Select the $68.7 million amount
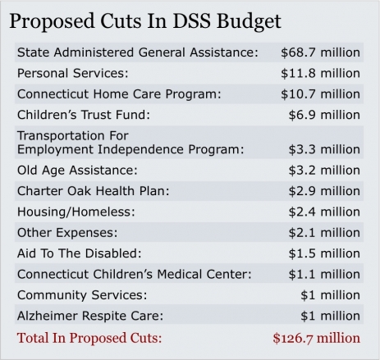pyautogui.click(x=320, y=52)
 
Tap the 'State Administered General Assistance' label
pyautogui.click(x=137, y=52)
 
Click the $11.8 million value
pyautogui.click(x=320, y=72)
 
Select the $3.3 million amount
pyautogui.click(x=324, y=150)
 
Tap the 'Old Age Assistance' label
pyautogui.click(x=77, y=171)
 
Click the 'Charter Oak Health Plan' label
pyautogui.click(x=93, y=190)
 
